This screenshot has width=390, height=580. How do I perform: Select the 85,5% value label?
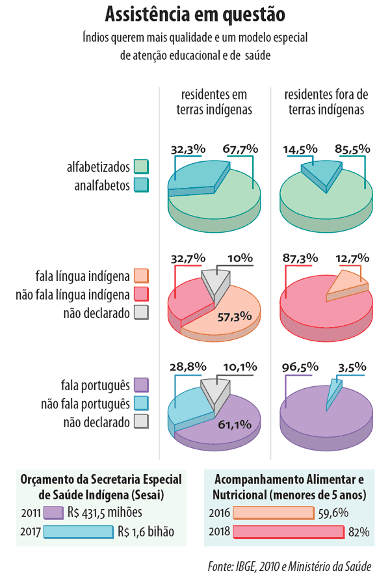pos(352,149)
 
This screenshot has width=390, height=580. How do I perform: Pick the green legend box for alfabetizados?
pos(141,167)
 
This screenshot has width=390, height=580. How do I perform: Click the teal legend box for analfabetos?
pos(141,186)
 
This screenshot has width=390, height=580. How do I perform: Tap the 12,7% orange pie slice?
pos(350,286)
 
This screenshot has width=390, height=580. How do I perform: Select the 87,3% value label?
pos(299,257)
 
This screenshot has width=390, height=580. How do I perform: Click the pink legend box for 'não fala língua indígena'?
pos(141,295)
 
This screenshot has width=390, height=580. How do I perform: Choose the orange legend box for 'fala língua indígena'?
pos(141,276)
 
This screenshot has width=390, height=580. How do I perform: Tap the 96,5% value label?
pos(299,366)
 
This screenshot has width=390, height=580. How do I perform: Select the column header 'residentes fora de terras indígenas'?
pos(326,102)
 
